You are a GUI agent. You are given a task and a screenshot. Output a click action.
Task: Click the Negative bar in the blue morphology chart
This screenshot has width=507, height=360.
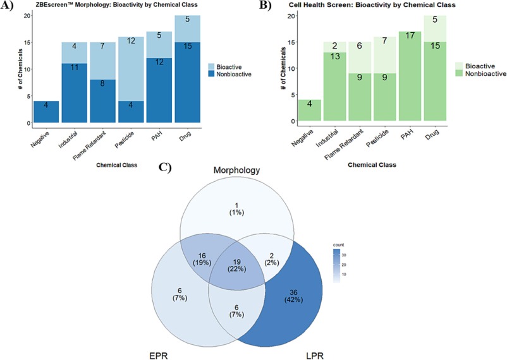coord(46,112)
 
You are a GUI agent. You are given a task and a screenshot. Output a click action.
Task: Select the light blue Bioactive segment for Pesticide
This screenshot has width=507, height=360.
coord(131,69)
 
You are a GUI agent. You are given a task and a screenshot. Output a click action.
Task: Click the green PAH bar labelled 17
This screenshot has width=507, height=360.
coord(410,76)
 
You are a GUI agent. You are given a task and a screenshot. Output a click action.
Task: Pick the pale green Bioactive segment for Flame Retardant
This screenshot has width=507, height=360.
coord(360,57)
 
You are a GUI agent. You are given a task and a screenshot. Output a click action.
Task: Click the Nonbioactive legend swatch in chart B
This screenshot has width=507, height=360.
coord(459,74)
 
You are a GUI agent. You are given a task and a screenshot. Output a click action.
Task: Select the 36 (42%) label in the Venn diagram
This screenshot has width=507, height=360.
coord(293,296)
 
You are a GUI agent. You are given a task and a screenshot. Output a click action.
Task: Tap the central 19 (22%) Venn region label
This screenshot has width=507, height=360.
coord(236,265)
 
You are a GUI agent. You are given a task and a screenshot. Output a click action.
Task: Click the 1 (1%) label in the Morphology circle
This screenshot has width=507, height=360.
coord(236,209)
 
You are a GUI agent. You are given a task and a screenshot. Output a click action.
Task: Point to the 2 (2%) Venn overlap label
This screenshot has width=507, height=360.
coord(272,260)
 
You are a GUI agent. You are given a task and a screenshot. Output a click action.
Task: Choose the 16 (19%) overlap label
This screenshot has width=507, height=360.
coord(202,260)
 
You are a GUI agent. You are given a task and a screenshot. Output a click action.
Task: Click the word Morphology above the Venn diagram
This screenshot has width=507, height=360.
coord(236,170)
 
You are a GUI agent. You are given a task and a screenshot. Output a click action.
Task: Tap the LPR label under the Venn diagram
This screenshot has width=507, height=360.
coord(315,356)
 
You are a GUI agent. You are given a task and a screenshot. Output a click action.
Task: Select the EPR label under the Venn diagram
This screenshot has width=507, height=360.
coord(159,356)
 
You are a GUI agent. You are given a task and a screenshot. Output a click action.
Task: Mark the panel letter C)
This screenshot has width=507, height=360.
coord(165,167)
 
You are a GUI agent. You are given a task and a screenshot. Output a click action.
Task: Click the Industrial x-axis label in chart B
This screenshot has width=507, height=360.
coord(327,138)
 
